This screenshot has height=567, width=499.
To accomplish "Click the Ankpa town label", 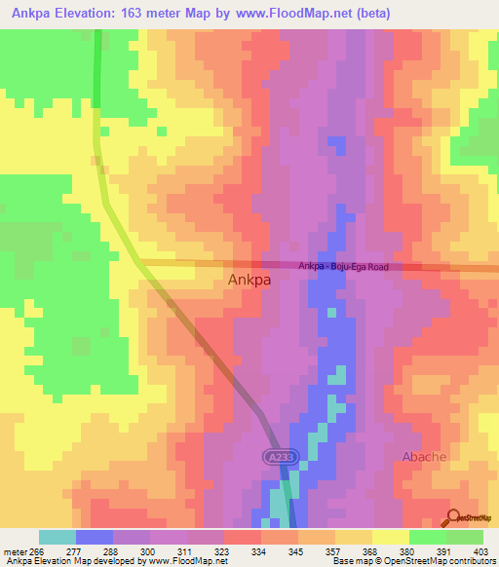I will coord(249,281).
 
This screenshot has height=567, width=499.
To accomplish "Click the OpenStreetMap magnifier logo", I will coord(454,518).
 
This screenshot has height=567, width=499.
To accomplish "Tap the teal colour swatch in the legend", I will coord(58,537).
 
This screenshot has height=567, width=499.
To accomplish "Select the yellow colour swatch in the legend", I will coord(390,537).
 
